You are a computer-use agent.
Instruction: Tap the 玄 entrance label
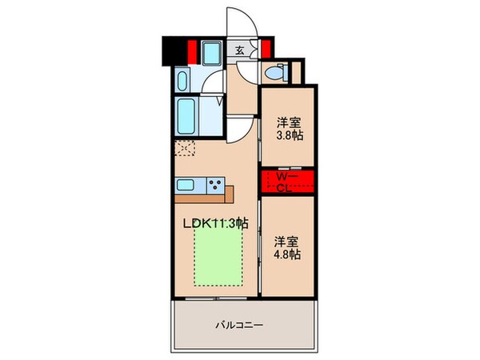(x=239, y=50)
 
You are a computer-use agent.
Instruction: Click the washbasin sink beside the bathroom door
(x=182, y=80)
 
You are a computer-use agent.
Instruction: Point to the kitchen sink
(x=186, y=185)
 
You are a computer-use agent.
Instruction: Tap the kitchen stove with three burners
(x=214, y=185)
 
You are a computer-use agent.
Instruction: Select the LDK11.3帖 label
(x=217, y=224)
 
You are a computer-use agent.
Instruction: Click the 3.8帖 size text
(x=288, y=135)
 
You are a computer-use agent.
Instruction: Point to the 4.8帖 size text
(x=288, y=254)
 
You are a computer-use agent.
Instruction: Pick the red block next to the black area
(x=192, y=50)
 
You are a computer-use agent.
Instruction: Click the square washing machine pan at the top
(x=212, y=54)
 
